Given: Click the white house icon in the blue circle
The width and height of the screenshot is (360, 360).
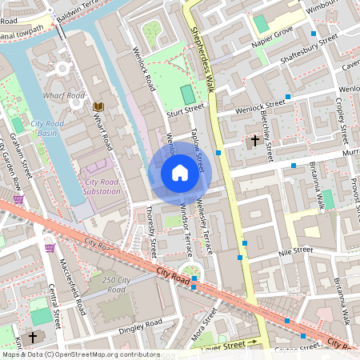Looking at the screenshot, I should pyautogui.click(x=180, y=173).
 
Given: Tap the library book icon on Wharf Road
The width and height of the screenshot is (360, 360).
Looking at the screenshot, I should pyautogui.click(x=98, y=106).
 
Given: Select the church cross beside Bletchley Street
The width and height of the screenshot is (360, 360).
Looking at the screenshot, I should pyautogui.click(x=255, y=141).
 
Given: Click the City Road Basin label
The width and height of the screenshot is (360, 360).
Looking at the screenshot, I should pyautogui.click(x=49, y=129).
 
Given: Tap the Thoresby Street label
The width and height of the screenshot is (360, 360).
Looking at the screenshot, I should pyautogui.click(x=151, y=231).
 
